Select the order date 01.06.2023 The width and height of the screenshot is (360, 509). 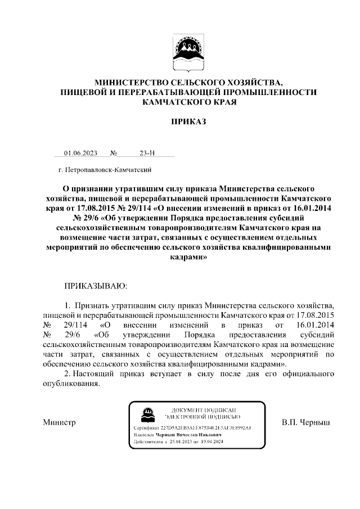click(80, 152)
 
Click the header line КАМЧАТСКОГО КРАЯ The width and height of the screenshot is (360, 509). click(189, 102)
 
